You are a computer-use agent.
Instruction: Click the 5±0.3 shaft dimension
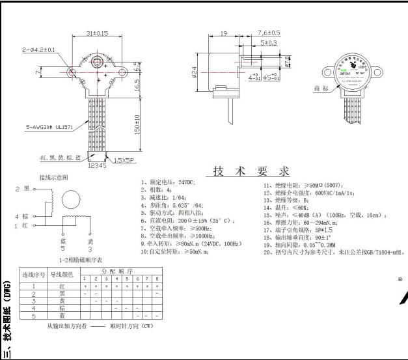(x=268, y=43)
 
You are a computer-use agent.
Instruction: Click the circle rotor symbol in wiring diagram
(x=69, y=197)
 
